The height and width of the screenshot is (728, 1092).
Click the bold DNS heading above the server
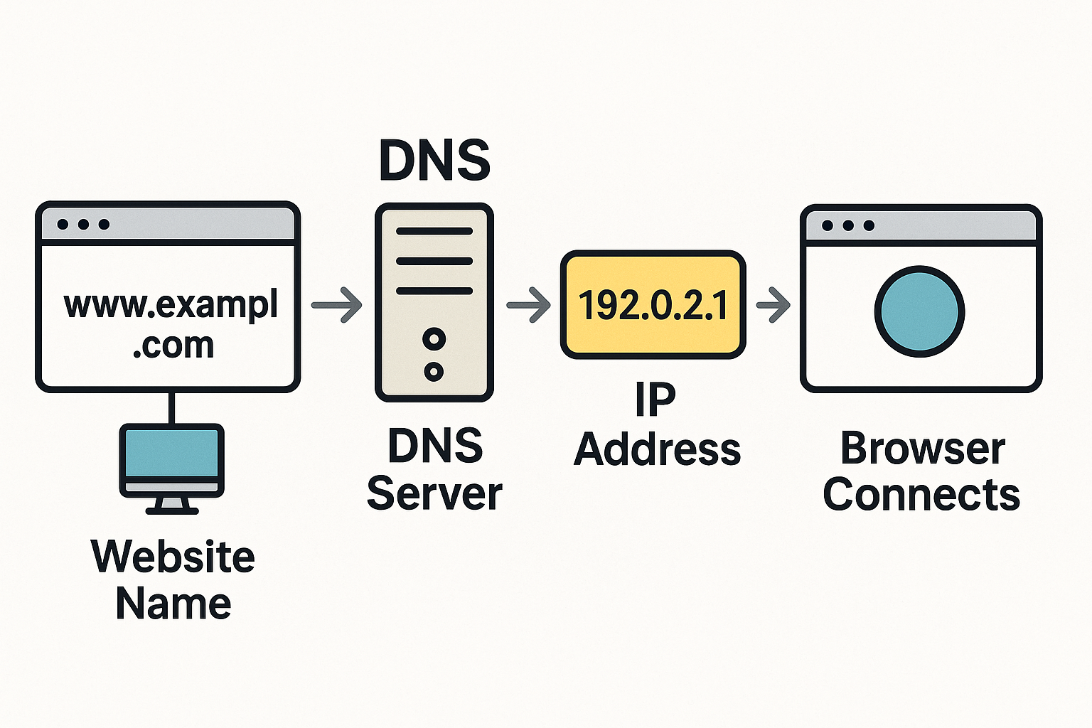(x=434, y=160)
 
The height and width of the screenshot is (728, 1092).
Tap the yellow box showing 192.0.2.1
(x=653, y=304)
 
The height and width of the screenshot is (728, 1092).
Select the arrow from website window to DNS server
(x=338, y=305)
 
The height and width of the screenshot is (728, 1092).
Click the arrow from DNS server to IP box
(x=529, y=305)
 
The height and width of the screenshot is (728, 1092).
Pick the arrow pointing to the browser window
(x=773, y=305)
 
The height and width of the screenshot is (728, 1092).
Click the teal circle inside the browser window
(x=919, y=311)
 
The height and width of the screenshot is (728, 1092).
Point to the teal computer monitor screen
(x=171, y=453)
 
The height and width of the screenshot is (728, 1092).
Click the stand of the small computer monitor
(x=171, y=505)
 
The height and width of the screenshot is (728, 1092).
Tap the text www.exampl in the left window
(x=171, y=306)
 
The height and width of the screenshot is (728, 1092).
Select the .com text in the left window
(x=173, y=346)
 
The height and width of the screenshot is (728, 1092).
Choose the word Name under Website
(x=173, y=604)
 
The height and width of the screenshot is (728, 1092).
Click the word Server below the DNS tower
(x=434, y=493)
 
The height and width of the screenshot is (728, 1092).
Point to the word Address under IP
(x=657, y=450)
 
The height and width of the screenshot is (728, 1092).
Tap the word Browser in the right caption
(x=922, y=449)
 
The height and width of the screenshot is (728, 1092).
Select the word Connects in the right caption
(x=921, y=495)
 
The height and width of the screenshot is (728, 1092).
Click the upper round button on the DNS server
(x=434, y=339)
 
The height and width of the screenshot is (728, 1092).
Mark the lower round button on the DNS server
(x=434, y=370)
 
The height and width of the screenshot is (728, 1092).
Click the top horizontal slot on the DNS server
(x=434, y=231)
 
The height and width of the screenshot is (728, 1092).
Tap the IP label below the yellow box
(x=655, y=400)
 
